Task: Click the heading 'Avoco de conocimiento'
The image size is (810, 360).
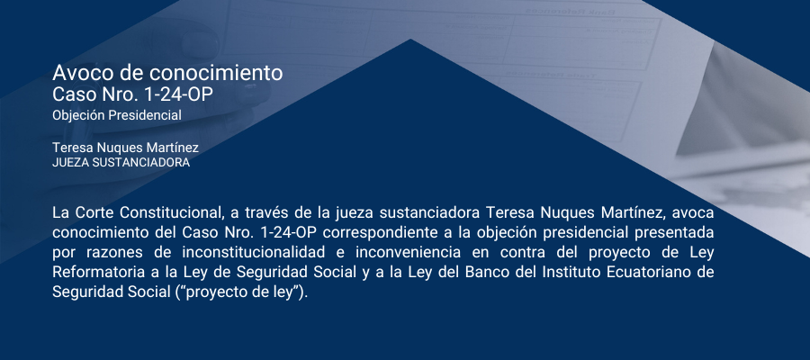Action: [x=167, y=73]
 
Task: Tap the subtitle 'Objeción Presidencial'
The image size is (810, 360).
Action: [x=117, y=116]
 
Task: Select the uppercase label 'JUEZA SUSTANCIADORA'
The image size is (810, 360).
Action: [x=121, y=163]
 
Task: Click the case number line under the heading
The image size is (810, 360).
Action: [x=132, y=95]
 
